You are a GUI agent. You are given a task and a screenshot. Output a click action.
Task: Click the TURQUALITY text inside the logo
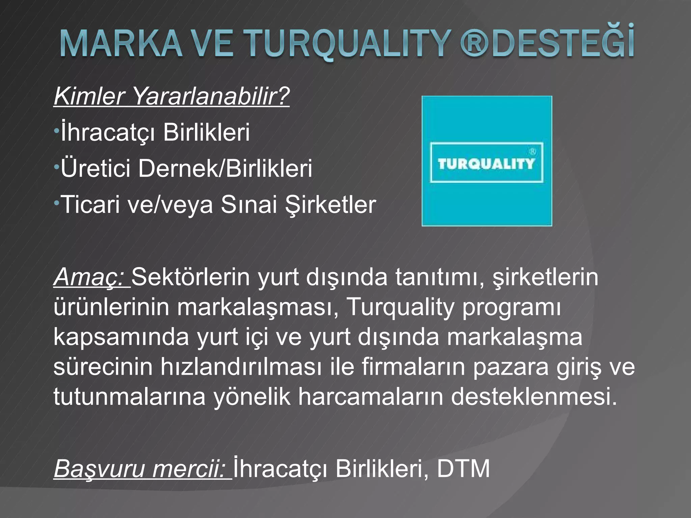click(x=486, y=164)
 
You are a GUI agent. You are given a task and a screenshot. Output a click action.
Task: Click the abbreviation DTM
click(x=463, y=468)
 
